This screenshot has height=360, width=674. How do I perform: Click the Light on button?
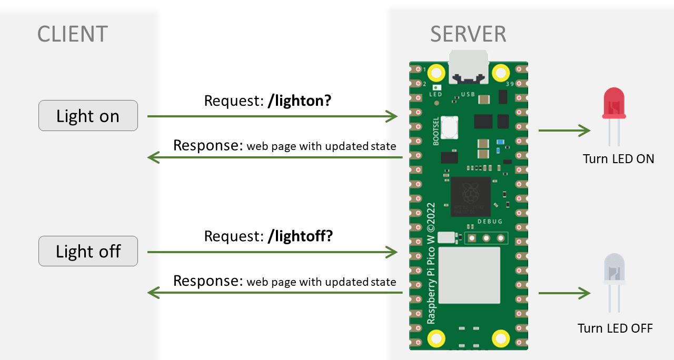88,116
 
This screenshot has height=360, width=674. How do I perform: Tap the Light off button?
88,251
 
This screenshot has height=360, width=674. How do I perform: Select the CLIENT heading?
73,34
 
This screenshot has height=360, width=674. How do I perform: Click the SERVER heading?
468,34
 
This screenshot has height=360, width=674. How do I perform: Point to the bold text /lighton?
299,101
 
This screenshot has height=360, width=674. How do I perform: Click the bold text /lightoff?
300,236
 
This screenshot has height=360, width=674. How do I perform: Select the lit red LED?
614,105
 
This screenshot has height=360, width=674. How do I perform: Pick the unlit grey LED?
614,271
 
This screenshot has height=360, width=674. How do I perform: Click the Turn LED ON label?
618,159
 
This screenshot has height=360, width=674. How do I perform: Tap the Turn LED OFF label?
615,328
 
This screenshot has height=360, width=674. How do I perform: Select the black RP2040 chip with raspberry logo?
470,196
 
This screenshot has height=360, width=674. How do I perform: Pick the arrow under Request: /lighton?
272,116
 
